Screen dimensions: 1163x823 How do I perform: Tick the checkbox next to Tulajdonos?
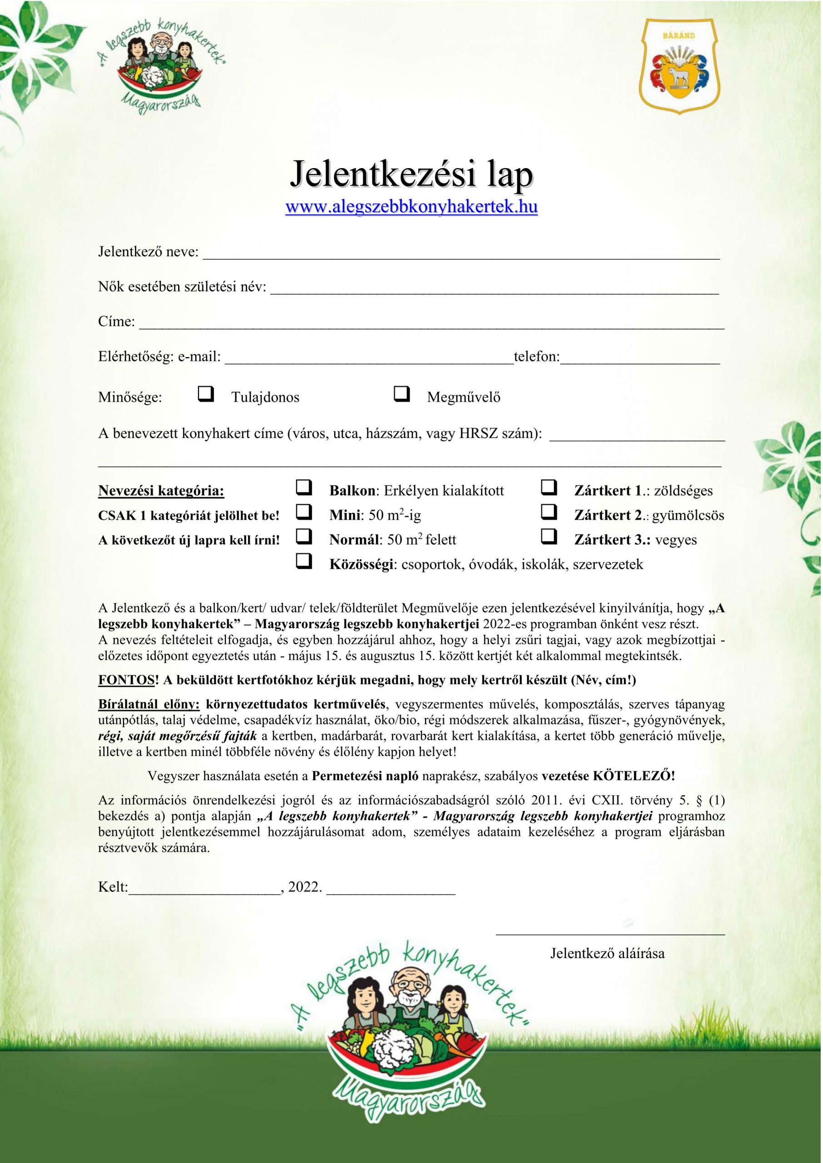[206, 394]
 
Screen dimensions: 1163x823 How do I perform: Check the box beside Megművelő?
[401, 394]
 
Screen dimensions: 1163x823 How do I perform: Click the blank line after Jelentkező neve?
[461, 255]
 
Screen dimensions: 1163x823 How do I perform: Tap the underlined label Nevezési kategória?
[161, 490]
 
